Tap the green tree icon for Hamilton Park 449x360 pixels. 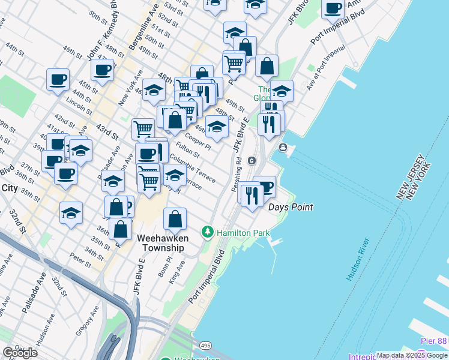tap(208, 232)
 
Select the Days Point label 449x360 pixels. tap(291, 207)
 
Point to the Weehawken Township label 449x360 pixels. tap(163, 243)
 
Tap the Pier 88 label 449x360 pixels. tap(434, 341)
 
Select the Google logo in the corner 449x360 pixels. tap(20, 353)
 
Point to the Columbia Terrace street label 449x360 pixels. tap(192, 167)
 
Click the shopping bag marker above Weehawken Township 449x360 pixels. tap(175, 220)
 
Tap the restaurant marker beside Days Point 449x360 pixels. tap(252, 194)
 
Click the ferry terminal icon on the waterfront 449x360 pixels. tap(283, 148)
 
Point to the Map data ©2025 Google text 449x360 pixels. tap(412, 355)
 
